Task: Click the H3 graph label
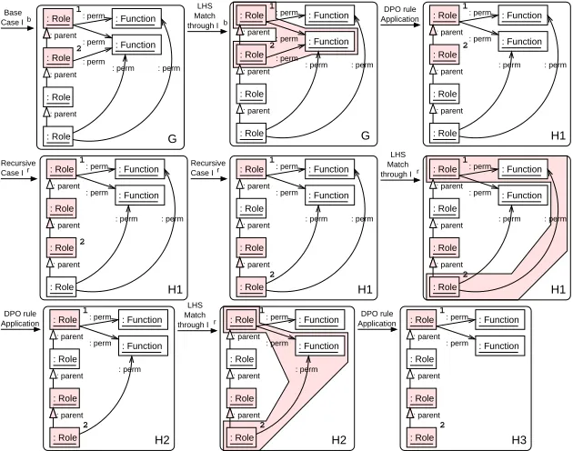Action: [x=518, y=440]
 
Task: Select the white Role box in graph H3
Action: [x=422, y=359]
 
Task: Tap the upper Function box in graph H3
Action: [x=500, y=320]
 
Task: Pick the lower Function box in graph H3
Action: [x=500, y=346]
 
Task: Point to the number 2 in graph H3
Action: [x=442, y=425]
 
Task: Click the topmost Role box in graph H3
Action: [x=422, y=320]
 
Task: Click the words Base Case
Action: [x=12, y=17]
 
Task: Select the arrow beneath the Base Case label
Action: [x=17, y=28]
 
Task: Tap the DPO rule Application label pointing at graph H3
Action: [x=377, y=318]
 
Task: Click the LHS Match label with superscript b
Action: [x=206, y=15]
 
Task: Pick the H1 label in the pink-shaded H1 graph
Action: [x=558, y=290]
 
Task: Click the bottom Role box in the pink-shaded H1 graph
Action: [x=445, y=287]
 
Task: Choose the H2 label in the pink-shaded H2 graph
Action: [x=338, y=440]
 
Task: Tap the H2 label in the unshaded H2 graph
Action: [x=162, y=440]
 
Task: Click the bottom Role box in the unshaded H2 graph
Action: [x=65, y=437]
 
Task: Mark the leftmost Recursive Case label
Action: [x=18, y=167]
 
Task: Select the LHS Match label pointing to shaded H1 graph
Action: [x=398, y=165]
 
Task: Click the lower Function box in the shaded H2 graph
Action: [x=320, y=346]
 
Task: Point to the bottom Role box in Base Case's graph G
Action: [x=58, y=136]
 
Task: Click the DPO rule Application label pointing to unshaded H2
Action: [x=20, y=318]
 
